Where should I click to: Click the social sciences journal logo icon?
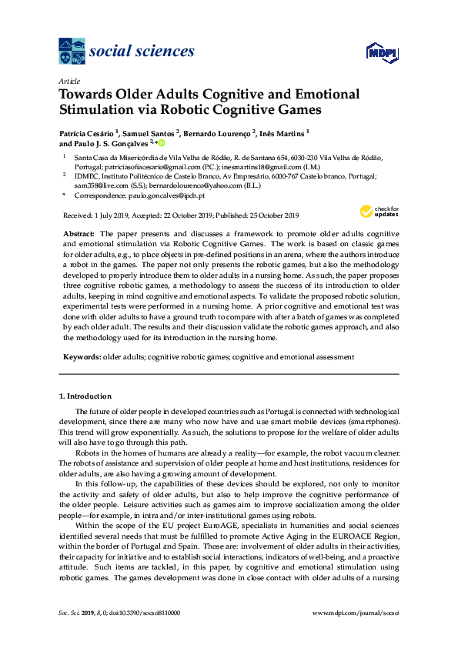pyautogui.click(x=72, y=51)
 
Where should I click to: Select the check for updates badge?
pyautogui.click(x=376, y=211)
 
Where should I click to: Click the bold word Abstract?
pyautogui.click(x=76, y=232)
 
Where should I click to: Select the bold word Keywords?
pyautogui.click(x=81, y=357)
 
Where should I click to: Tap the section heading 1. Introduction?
pyautogui.click(x=85, y=396)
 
